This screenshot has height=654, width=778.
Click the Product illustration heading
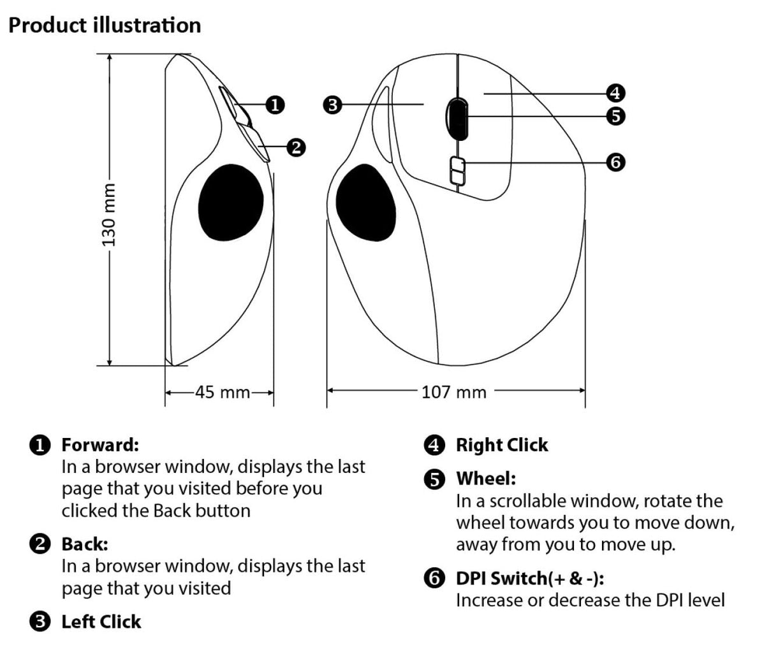click(x=105, y=25)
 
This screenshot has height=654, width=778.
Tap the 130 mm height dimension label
click(x=109, y=214)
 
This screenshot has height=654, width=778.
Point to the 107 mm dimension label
click(x=453, y=391)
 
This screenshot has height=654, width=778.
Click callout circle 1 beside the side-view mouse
click(x=274, y=105)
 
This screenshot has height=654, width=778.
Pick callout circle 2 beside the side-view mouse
click(x=295, y=147)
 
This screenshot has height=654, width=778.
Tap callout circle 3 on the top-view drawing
click(x=332, y=105)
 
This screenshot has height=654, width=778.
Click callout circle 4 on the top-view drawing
click(x=615, y=94)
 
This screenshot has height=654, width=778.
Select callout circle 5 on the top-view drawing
click(x=615, y=116)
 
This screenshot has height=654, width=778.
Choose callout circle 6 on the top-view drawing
click(x=615, y=162)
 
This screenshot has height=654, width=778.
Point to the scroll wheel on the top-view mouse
click(x=457, y=118)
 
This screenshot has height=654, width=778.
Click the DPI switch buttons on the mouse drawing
click(x=457, y=171)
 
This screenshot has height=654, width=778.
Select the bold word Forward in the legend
click(x=99, y=444)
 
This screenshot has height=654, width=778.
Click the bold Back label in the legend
click(x=85, y=544)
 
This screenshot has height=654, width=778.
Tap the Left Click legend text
click(x=101, y=621)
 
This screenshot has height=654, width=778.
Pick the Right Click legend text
click(x=502, y=445)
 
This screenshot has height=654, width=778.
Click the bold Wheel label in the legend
click(x=486, y=478)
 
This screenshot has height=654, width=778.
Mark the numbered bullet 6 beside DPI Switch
click(x=434, y=578)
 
